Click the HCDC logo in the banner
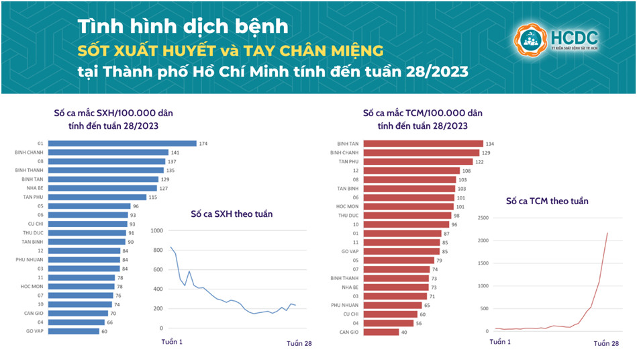coord(555,40)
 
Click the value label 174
coord(203,143)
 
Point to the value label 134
coord(491,143)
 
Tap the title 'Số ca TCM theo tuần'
coord(546,201)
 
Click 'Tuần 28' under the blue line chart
coord(299,344)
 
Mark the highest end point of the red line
coord(607,233)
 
